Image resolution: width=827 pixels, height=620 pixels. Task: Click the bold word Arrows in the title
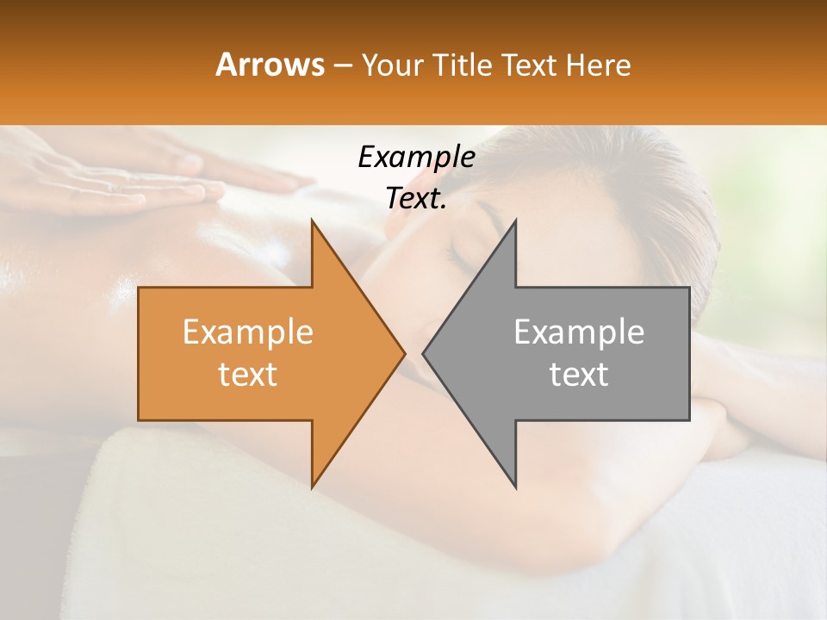[x=270, y=65]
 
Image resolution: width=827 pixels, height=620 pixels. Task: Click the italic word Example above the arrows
[x=416, y=157]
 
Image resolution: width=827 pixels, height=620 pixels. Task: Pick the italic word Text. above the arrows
[x=416, y=198]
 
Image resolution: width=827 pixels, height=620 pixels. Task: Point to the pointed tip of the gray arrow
[x=426, y=353]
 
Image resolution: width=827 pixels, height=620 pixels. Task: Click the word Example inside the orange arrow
[x=248, y=332]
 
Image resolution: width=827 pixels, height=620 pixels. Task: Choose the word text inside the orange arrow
[x=248, y=375]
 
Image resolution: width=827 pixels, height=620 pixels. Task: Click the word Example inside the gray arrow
[x=579, y=332]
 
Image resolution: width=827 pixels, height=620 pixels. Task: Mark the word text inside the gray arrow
[x=579, y=375]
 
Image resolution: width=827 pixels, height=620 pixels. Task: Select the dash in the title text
[x=342, y=65]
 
